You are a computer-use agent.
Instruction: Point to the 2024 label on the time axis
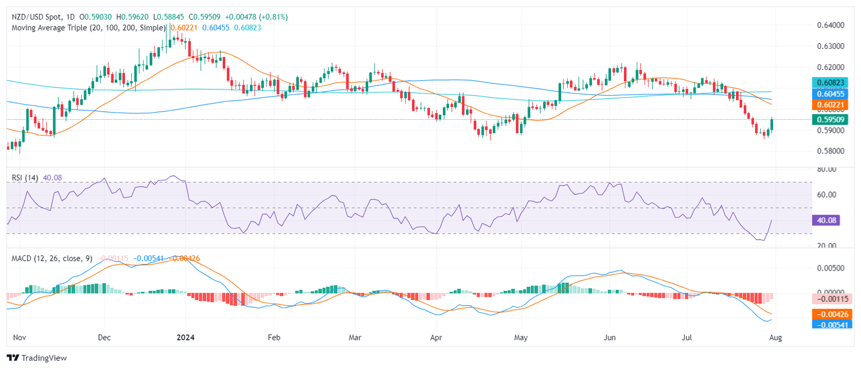click(185, 338)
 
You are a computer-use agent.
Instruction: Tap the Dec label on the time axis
click(104, 338)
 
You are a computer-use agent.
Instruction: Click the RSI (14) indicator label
click(25, 178)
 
